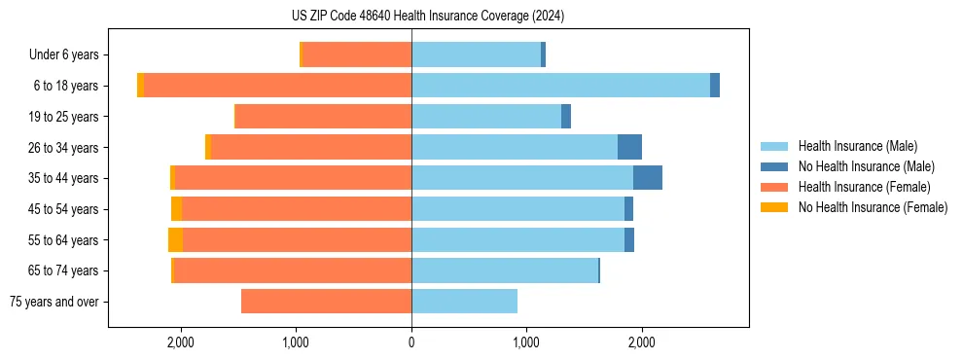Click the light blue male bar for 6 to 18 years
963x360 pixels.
coord(560,86)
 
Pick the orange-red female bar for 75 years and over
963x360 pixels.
coord(326,302)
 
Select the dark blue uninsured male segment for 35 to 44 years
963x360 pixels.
coord(648,178)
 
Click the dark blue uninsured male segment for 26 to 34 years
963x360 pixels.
coord(629,147)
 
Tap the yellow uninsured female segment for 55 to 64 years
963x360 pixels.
coord(175,239)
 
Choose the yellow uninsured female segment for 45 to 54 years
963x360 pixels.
coord(176,209)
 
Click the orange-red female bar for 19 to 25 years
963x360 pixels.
coord(323,117)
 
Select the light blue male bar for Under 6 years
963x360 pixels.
coord(476,55)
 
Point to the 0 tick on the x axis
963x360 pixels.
coord(411,342)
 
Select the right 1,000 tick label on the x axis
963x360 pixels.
coord(526,342)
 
